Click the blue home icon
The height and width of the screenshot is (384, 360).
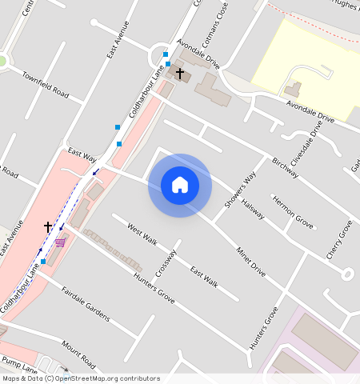click(180, 185)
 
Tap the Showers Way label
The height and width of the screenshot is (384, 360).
click(239, 190)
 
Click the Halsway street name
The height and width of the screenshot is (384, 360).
click(253, 210)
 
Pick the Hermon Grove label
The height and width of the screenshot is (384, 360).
click(292, 211)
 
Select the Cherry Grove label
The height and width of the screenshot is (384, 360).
click(339, 239)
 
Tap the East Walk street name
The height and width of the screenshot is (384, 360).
click(204, 275)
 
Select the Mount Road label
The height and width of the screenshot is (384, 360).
click(78, 350)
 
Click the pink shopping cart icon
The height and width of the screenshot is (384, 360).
click(61, 242)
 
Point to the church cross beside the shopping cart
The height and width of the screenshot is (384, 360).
click(48, 227)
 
